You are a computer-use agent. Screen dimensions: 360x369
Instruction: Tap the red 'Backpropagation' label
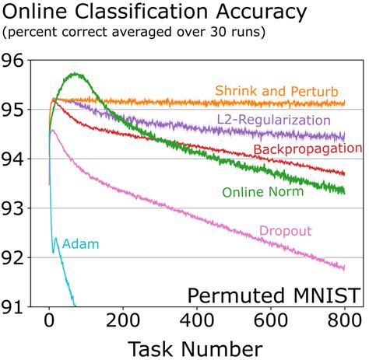pos(307,149)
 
